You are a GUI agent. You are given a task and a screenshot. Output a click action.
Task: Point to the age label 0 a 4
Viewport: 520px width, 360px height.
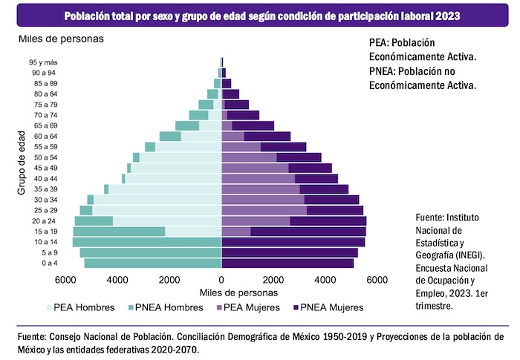49,264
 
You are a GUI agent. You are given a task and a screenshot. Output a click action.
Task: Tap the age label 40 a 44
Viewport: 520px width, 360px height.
47,179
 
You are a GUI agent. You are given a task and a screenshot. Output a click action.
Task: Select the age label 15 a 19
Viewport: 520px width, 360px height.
47,232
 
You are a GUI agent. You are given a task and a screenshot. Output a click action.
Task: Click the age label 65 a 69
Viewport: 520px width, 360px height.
47,126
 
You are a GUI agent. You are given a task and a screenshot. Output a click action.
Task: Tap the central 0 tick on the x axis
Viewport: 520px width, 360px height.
221,280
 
